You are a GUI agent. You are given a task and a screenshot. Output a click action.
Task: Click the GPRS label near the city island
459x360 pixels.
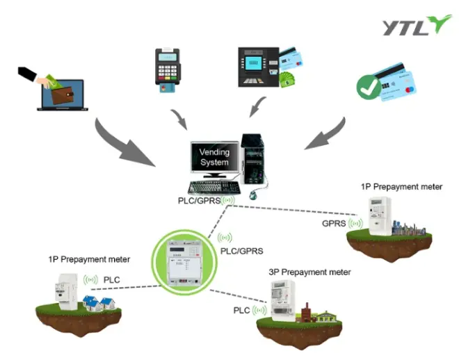[335, 224]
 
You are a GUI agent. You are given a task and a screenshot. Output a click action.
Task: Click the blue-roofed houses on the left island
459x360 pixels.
[98, 302]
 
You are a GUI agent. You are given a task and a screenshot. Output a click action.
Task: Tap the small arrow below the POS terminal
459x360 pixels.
[179, 117]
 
